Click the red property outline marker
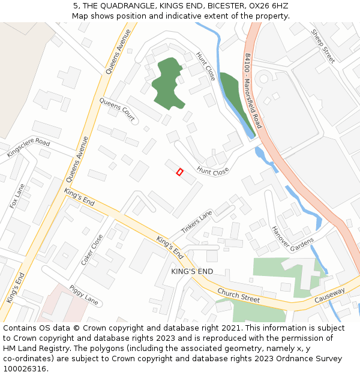[x=179, y=172]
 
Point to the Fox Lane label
[x=17, y=196]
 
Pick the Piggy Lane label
[x=83, y=295]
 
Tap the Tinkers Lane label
[x=196, y=221]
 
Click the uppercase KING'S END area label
[x=192, y=272]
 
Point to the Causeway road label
[x=330, y=295]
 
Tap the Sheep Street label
[x=323, y=46]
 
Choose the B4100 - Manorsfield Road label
[x=253, y=90]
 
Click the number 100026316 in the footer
[x=26, y=369]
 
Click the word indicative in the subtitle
[x=220, y=16]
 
